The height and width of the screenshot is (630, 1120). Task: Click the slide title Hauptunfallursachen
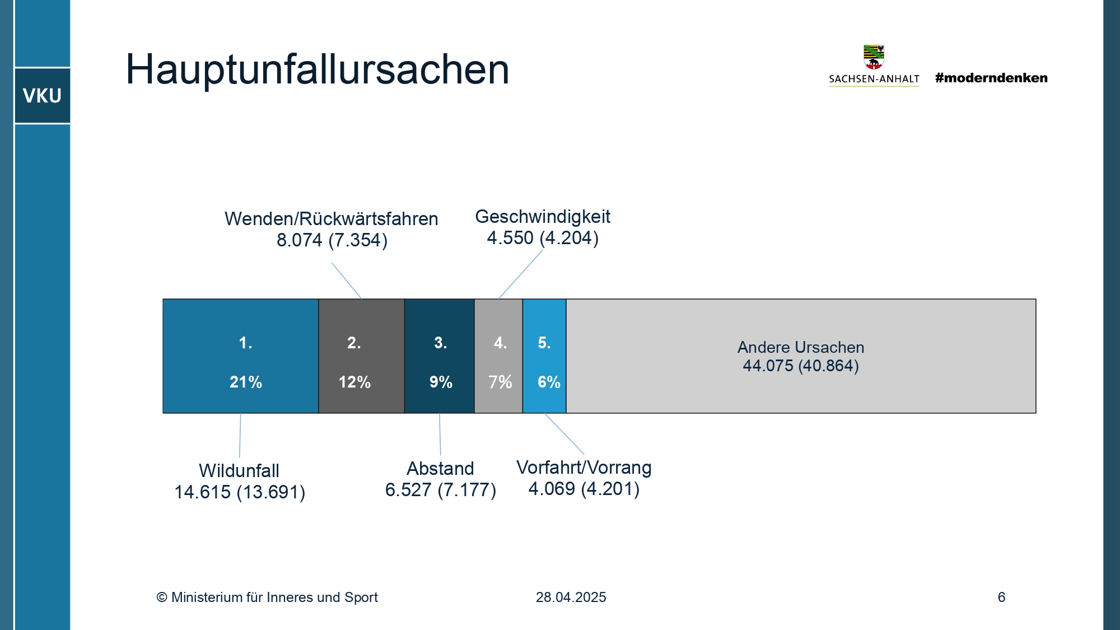point(317,69)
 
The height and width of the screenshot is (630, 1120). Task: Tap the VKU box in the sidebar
point(42,96)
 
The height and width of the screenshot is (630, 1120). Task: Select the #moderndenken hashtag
point(991,78)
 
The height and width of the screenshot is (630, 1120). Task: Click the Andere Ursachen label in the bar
point(801,347)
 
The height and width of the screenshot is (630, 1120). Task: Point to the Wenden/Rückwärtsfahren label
point(332,218)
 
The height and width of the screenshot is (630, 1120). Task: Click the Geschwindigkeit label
point(543,217)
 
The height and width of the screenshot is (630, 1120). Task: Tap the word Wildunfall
point(239,470)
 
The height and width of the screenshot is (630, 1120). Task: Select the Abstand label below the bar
point(440,468)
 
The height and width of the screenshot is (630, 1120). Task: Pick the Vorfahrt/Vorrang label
point(584,467)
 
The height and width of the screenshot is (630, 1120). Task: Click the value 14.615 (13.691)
point(240,492)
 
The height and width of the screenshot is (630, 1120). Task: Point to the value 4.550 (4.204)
point(543,238)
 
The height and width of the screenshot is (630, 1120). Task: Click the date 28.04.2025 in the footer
point(571,597)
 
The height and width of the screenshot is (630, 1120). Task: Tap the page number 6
point(1001,597)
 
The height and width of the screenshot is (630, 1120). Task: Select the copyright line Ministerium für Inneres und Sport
point(267,597)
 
